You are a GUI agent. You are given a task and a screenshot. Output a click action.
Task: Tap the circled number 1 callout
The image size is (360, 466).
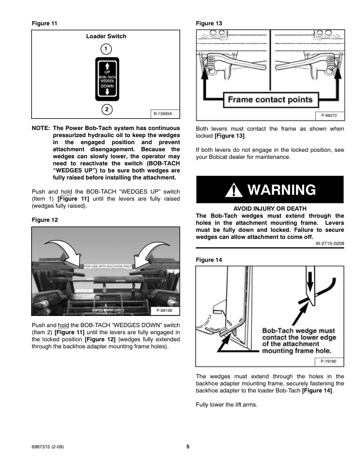(x=106, y=48)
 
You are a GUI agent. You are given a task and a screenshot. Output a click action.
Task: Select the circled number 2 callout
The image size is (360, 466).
(x=106, y=109)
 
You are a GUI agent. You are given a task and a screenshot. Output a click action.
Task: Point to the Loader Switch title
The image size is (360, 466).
(x=106, y=36)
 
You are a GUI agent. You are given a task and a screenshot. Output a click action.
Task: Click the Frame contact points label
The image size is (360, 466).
(x=271, y=99)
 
